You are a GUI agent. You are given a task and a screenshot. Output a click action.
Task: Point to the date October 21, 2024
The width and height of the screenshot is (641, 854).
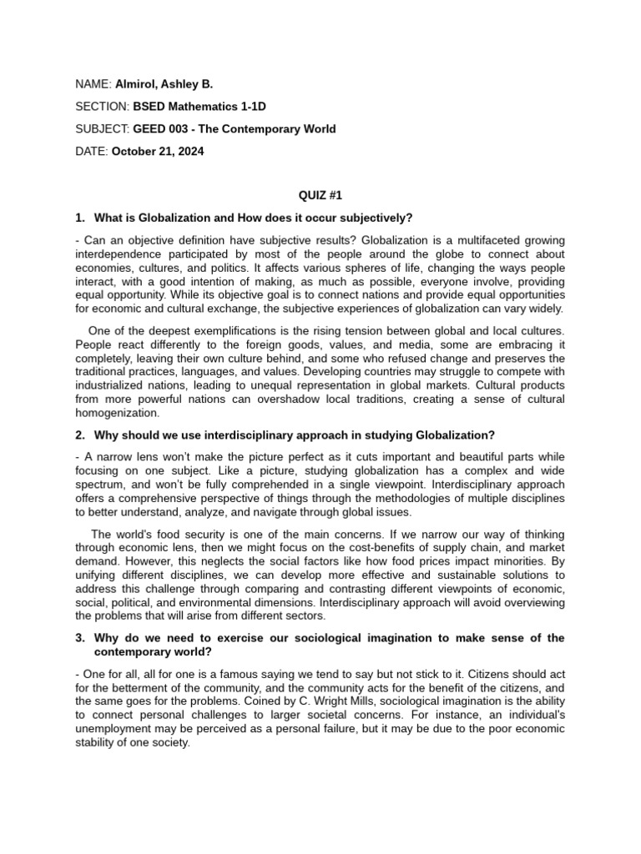[x=157, y=152]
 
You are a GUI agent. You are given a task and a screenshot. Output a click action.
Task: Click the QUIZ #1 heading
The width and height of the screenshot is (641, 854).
[x=320, y=196]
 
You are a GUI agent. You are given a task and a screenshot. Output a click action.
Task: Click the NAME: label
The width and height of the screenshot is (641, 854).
[x=93, y=84]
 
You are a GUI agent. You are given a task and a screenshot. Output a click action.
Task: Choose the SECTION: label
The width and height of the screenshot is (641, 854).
[x=102, y=107]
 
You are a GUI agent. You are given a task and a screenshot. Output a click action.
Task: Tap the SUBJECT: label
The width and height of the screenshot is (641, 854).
[x=103, y=129]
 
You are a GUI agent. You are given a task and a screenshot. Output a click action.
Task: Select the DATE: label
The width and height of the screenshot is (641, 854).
[x=91, y=152]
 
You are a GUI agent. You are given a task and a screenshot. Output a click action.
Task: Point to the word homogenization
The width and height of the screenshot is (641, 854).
[x=116, y=413]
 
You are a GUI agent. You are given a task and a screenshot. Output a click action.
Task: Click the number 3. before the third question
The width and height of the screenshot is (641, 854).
[x=80, y=638]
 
